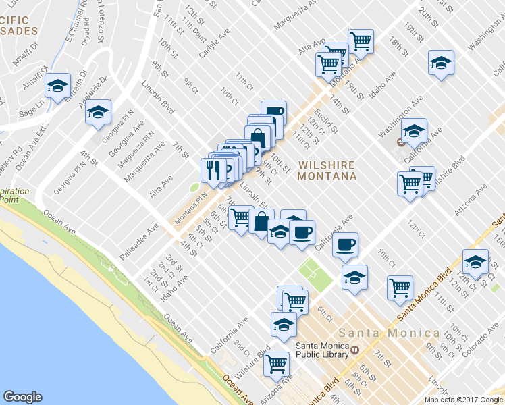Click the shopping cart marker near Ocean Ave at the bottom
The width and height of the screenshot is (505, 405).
pos(276,363)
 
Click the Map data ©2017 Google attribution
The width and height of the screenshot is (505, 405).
pos(464,400)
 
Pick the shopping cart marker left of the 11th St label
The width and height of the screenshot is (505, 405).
pos(400,287)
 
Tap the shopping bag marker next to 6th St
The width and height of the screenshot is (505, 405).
pos(261,220)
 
